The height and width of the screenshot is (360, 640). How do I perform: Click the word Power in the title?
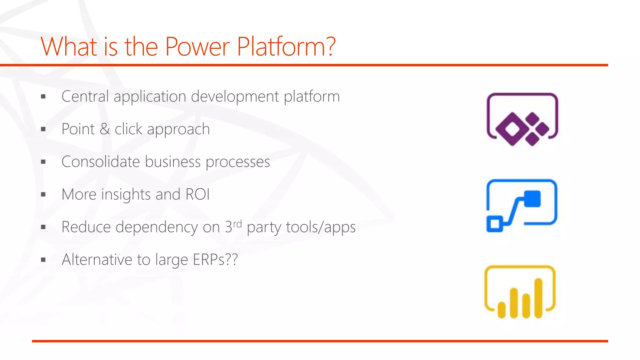(x=197, y=47)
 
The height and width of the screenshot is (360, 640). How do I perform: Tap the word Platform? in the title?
(x=286, y=47)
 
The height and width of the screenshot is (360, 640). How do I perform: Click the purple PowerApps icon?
(x=522, y=119)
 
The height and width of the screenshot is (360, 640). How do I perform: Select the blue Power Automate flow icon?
(x=522, y=205)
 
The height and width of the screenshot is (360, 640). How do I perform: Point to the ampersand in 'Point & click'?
(x=105, y=129)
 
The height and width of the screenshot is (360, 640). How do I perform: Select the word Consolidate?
(x=100, y=162)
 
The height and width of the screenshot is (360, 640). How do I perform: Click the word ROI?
(x=197, y=194)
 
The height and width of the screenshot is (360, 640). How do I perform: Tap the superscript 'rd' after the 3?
(x=237, y=223)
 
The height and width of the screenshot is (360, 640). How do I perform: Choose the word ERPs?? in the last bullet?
(x=215, y=260)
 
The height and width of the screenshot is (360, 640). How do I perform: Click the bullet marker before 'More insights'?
(x=43, y=195)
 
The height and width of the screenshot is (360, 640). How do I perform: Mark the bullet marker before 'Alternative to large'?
(x=43, y=260)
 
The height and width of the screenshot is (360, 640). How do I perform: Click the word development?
(x=235, y=96)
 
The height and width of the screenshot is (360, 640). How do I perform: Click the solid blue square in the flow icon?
(x=532, y=199)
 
